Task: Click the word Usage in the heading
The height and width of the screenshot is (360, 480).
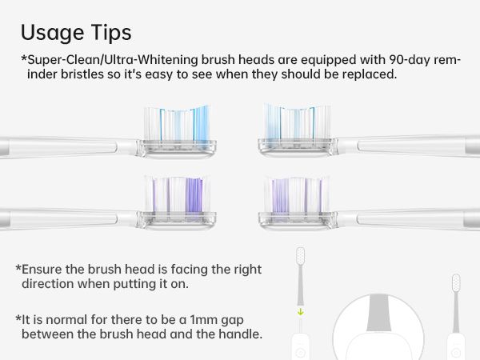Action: click(x=52, y=33)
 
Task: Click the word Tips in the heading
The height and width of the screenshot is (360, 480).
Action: click(x=111, y=33)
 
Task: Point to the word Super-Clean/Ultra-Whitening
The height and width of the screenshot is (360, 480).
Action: click(x=113, y=60)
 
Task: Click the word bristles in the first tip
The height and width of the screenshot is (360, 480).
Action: click(x=82, y=74)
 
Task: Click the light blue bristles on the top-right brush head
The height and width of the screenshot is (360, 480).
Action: click(x=272, y=122)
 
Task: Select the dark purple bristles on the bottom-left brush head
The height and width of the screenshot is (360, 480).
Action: click(x=194, y=195)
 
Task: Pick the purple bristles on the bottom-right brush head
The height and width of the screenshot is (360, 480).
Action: click(x=280, y=196)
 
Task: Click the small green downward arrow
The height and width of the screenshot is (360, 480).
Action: click(x=301, y=312)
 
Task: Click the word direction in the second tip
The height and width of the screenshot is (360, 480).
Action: click(x=47, y=284)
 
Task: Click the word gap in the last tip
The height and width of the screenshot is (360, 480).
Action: click(x=232, y=321)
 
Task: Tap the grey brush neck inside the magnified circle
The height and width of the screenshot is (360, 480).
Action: click(x=379, y=313)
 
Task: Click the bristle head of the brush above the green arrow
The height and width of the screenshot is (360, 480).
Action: click(x=301, y=256)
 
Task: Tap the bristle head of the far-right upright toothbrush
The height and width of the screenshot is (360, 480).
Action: click(x=456, y=283)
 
